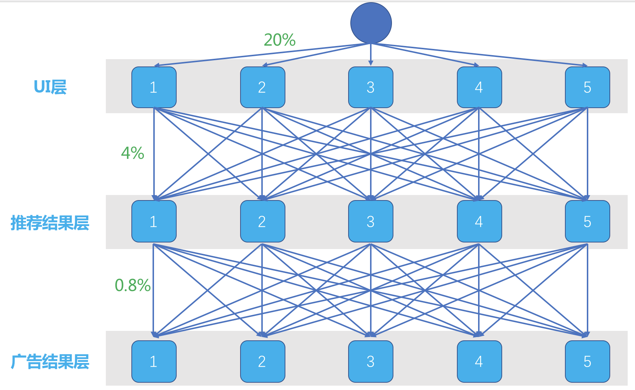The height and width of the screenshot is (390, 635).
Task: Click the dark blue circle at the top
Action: point(371,23)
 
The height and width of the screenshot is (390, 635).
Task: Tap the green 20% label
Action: point(280,40)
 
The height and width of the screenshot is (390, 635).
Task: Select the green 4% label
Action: point(132,153)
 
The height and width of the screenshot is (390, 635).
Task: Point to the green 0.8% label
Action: point(132,285)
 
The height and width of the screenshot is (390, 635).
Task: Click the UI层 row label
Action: point(50,87)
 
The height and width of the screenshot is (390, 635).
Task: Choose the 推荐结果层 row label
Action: point(50,223)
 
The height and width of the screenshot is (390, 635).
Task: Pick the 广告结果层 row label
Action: point(50,362)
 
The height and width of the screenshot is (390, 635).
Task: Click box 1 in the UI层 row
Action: point(154,87)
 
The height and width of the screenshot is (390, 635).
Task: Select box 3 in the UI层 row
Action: point(370,87)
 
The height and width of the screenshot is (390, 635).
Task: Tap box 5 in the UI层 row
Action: point(587,87)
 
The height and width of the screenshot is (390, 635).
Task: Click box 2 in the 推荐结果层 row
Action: point(262,221)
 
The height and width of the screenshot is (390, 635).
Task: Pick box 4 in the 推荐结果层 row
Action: point(479,221)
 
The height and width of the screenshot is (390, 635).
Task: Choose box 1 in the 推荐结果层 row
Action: point(154,221)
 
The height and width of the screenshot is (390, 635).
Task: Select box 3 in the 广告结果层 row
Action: point(370,362)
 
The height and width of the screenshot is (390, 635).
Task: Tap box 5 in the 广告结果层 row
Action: point(587,362)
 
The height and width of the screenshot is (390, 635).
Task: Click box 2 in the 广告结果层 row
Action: point(262,362)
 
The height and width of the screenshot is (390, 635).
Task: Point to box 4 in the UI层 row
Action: point(479,87)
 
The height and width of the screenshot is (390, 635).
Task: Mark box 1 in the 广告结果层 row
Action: point(154,362)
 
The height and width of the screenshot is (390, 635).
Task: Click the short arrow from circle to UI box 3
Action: point(371,55)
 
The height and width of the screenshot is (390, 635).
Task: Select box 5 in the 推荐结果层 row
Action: point(587,221)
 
